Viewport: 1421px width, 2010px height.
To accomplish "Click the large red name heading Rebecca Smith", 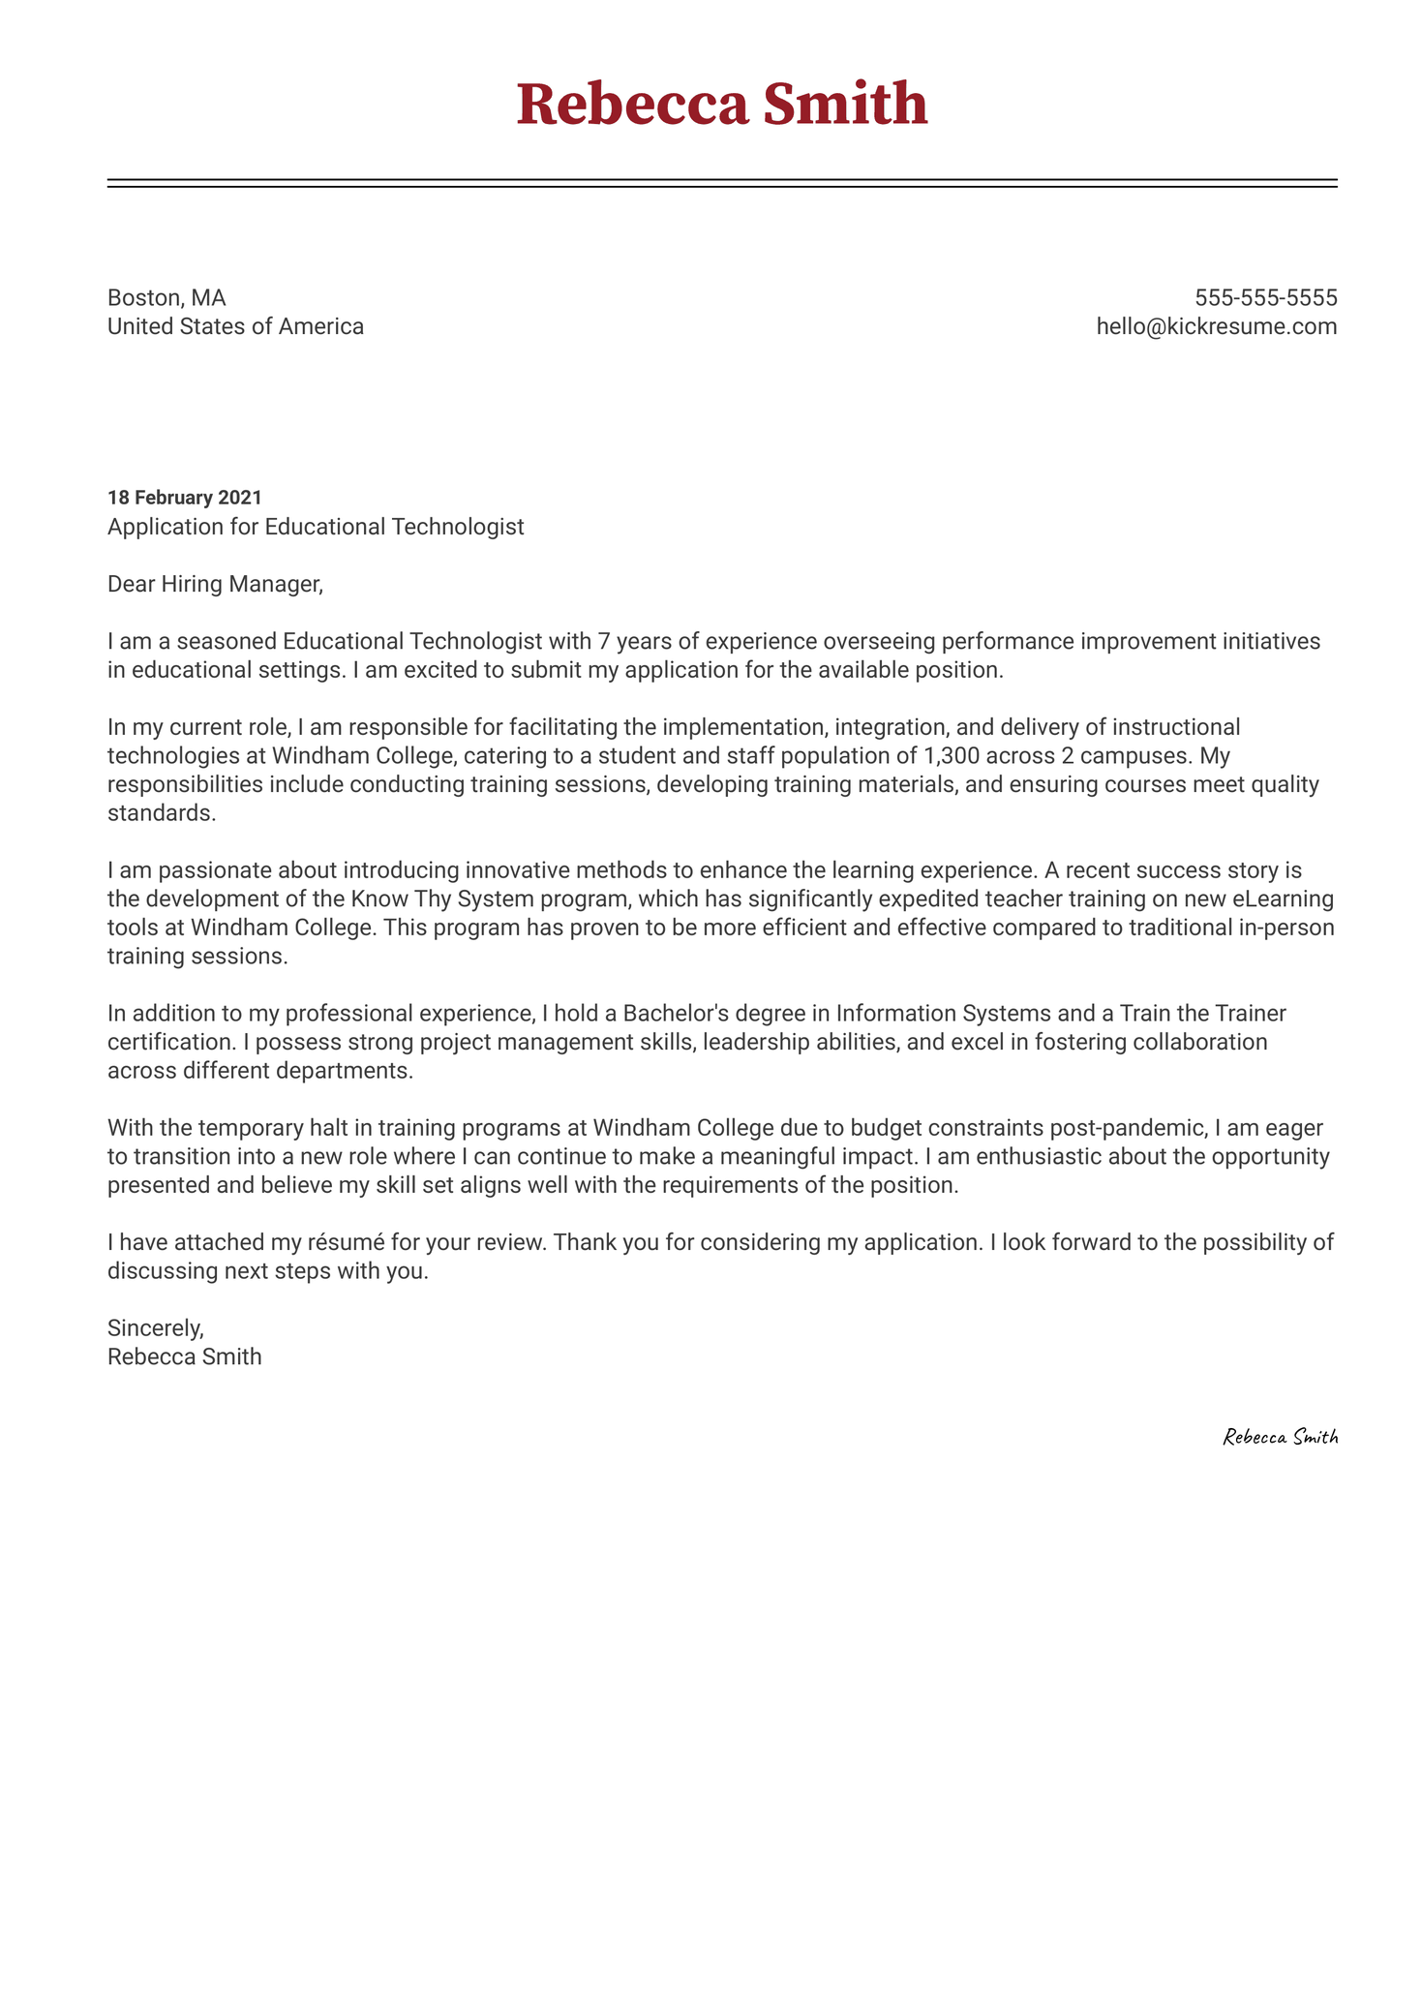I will pyautogui.click(x=721, y=105).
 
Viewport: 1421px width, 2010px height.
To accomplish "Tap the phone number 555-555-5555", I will pyautogui.click(x=1265, y=297).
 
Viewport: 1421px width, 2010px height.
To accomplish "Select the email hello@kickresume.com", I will pyautogui.click(x=1216, y=326).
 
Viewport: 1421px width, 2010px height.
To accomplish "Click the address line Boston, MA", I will pyautogui.click(x=166, y=297).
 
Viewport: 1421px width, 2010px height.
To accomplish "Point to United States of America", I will pyautogui.click(x=235, y=326).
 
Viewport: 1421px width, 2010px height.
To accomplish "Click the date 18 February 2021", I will pyautogui.click(x=184, y=498).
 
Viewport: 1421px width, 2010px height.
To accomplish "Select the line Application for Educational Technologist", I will pyautogui.click(x=316, y=527).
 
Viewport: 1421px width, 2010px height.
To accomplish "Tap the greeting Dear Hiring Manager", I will pyautogui.click(x=214, y=584).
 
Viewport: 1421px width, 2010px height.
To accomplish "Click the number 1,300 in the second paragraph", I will pyautogui.click(x=952, y=755).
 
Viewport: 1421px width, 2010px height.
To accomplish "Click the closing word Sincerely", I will pyautogui.click(x=155, y=1327).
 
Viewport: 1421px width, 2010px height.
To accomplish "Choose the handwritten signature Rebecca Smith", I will pyautogui.click(x=1280, y=1438).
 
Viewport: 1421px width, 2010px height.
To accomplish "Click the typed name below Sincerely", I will pyautogui.click(x=184, y=1356).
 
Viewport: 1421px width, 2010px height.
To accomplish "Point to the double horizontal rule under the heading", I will pyautogui.click(x=721, y=183).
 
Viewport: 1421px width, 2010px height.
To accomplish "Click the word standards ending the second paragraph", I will pyautogui.click(x=160, y=813).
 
